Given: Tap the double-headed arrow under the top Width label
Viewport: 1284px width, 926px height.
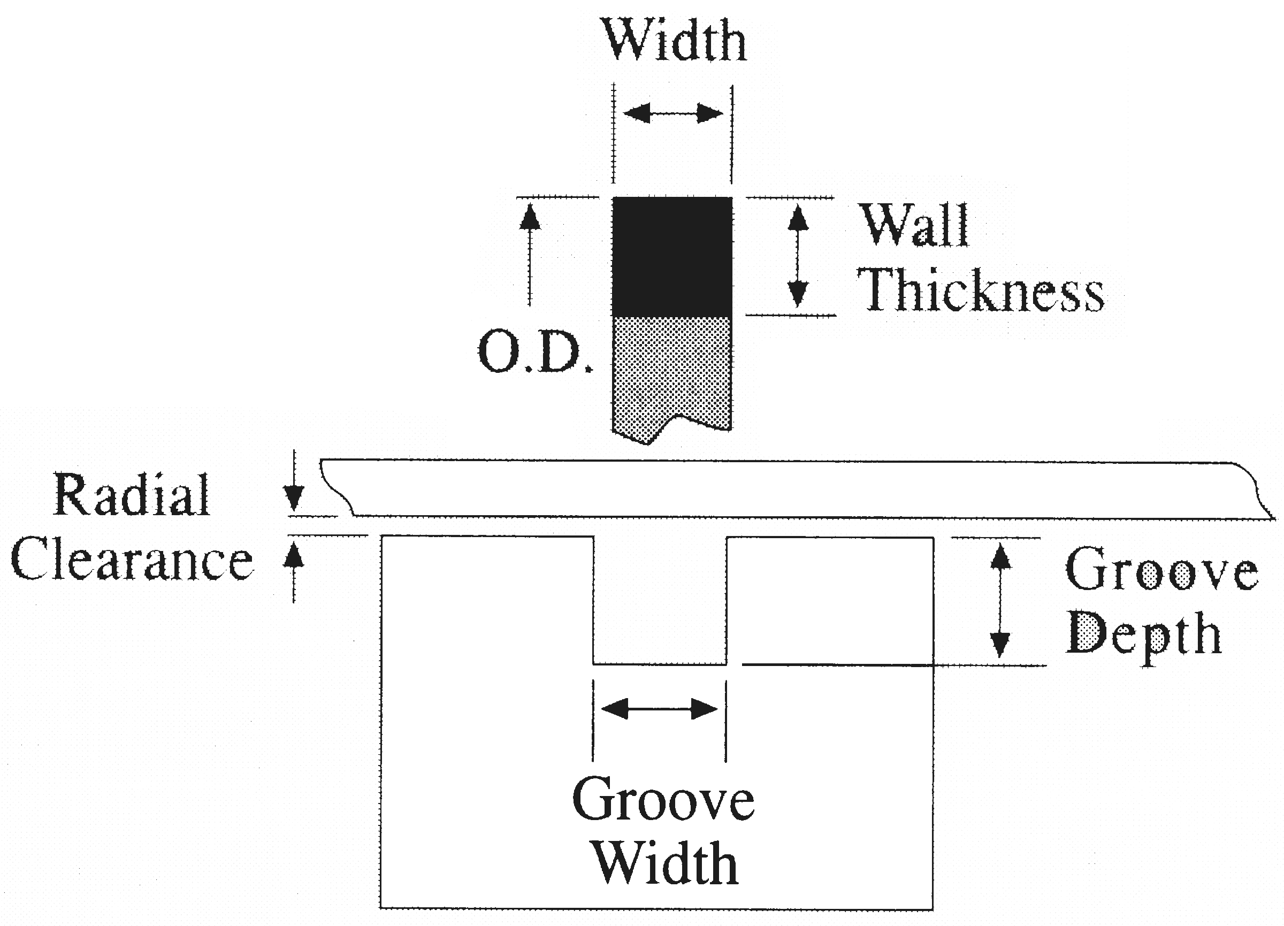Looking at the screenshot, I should [x=673, y=114].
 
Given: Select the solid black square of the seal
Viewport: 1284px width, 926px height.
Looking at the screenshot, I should [x=672, y=256].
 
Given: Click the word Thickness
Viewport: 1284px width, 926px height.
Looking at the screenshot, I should [x=980, y=290].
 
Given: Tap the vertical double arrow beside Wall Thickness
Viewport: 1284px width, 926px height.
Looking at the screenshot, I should [x=798, y=256].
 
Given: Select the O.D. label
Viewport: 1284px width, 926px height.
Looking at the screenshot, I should [x=535, y=353].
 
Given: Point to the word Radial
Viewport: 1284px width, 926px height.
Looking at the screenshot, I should [x=132, y=495].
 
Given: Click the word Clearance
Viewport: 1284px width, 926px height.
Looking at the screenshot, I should [x=132, y=561].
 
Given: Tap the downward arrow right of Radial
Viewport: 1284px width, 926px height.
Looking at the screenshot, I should [x=293, y=484].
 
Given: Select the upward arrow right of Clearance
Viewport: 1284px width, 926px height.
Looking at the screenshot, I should [x=293, y=569].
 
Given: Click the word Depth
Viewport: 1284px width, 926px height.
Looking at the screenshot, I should [x=1144, y=634].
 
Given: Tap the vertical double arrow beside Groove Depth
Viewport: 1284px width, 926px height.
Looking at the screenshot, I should [x=1000, y=600].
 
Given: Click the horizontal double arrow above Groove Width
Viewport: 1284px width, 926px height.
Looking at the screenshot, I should [x=660, y=709].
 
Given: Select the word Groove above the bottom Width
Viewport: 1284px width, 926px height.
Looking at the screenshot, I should [x=663, y=799].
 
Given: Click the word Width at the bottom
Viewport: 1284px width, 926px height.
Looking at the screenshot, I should [x=666, y=864].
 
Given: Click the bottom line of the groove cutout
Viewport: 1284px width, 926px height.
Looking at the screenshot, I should [x=660, y=664].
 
